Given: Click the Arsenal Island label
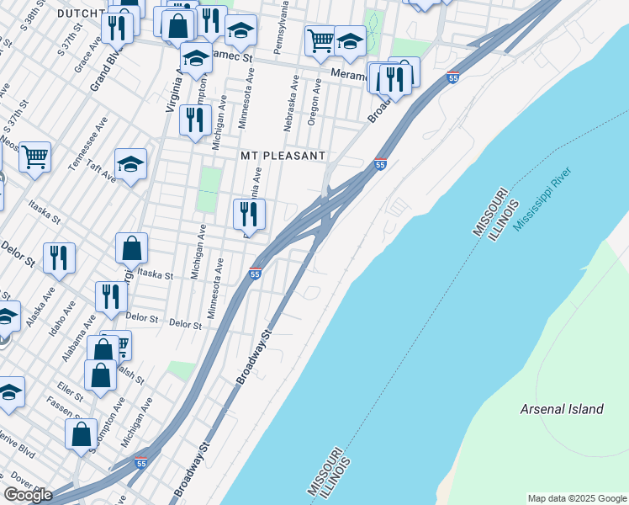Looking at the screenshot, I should [562, 409].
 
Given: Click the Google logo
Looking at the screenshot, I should [29, 495].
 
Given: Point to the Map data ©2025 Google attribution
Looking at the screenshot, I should [576, 498].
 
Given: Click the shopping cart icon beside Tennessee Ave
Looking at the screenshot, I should [34, 156].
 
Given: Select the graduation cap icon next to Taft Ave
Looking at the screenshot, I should [130, 162].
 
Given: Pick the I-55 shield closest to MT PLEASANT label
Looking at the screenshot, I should [380, 165].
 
